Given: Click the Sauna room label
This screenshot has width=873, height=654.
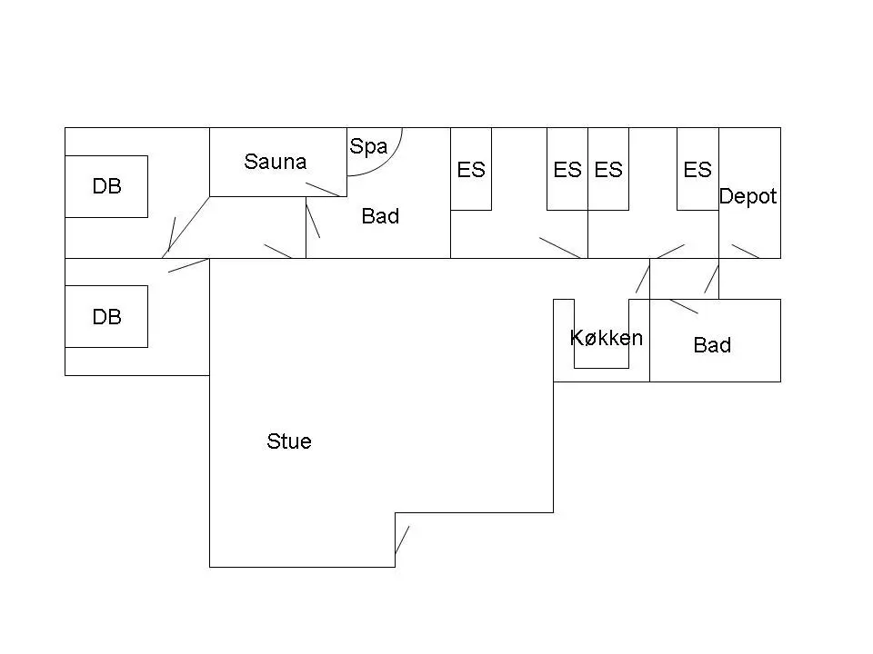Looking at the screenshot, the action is [x=275, y=162].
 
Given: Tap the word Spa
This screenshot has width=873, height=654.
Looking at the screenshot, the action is [x=368, y=147].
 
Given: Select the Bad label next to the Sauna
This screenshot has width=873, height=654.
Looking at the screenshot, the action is [x=380, y=216].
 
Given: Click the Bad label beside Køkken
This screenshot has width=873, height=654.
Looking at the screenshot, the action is [x=712, y=345].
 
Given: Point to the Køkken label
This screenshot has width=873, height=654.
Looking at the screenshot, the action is [x=607, y=338].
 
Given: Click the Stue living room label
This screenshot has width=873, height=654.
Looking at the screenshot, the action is [x=289, y=441].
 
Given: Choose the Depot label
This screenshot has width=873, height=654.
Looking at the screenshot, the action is [x=748, y=196].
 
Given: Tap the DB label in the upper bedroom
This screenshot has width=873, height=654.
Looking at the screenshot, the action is [x=107, y=186].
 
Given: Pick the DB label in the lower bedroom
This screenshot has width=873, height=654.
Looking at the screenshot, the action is [x=107, y=317].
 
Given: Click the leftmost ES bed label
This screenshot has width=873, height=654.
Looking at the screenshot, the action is [x=471, y=170].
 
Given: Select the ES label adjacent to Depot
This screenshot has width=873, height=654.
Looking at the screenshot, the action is [x=697, y=170].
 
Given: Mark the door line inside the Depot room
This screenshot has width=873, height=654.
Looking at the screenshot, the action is [x=746, y=252].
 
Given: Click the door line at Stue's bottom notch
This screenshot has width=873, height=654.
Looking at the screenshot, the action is [x=402, y=540].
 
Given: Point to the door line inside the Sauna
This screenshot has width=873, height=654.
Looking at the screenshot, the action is [x=323, y=189].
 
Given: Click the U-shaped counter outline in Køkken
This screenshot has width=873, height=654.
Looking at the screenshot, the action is [x=602, y=368].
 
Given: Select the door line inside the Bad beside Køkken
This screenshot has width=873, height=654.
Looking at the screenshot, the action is [x=684, y=306].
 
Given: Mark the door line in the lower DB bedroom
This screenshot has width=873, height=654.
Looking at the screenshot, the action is [x=188, y=265].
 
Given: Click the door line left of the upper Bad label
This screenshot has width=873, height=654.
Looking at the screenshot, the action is [x=313, y=221].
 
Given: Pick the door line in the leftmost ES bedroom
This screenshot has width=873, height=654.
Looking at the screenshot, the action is [x=560, y=248].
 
